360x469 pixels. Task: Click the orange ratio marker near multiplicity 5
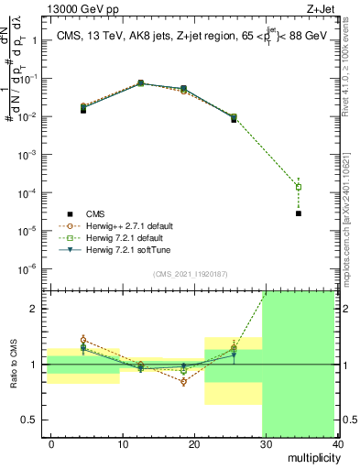84,340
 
